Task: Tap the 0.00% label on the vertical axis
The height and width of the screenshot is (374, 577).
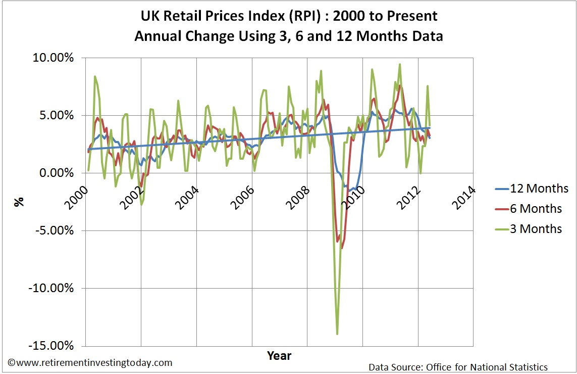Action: coord(57,173)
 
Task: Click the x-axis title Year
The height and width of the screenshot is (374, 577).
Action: coord(279,355)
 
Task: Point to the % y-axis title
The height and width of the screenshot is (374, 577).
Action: coord(19,202)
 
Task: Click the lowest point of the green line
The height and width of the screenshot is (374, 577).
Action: coord(337,334)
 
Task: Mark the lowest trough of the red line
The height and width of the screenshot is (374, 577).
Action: coord(342,248)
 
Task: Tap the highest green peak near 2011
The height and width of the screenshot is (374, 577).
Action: coord(400,64)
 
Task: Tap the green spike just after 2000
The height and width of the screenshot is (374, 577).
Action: coord(95,76)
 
